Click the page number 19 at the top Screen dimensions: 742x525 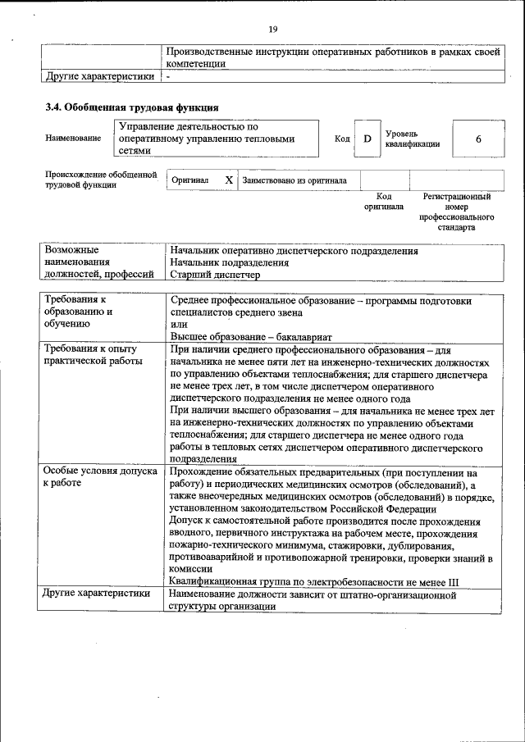click(x=273, y=30)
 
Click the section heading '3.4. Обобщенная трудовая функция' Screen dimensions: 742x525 click(x=131, y=107)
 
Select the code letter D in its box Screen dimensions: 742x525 click(x=367, y=139)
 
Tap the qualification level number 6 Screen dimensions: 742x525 click(x=477, y=139)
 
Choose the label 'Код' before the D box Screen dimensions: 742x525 click(x=342, y=139)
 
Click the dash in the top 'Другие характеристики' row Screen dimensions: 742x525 click(x=168, y=77)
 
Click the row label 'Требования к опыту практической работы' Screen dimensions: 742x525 click(x=93, y=354)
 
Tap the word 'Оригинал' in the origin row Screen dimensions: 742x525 click(x=190, y=180)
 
